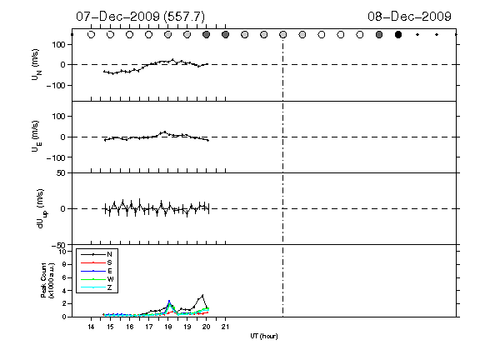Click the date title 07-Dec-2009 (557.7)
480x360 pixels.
141,17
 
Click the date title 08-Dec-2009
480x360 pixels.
410,16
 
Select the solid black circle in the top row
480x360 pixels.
398,35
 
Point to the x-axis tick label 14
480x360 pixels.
91,327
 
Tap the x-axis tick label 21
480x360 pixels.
225,327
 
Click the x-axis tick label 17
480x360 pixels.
149,327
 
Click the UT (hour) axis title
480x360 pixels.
264,336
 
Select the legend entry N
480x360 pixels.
109,254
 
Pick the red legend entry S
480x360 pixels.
109,262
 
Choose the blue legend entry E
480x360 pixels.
110,271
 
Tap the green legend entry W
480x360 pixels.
110,279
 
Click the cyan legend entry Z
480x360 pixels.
109,287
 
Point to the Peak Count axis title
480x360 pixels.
47,280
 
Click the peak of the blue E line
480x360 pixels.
169,301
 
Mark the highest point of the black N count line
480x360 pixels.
202,295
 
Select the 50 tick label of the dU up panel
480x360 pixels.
61,173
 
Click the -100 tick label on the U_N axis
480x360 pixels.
56,85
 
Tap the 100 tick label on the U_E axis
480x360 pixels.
59,117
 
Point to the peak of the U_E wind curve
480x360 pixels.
165,132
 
